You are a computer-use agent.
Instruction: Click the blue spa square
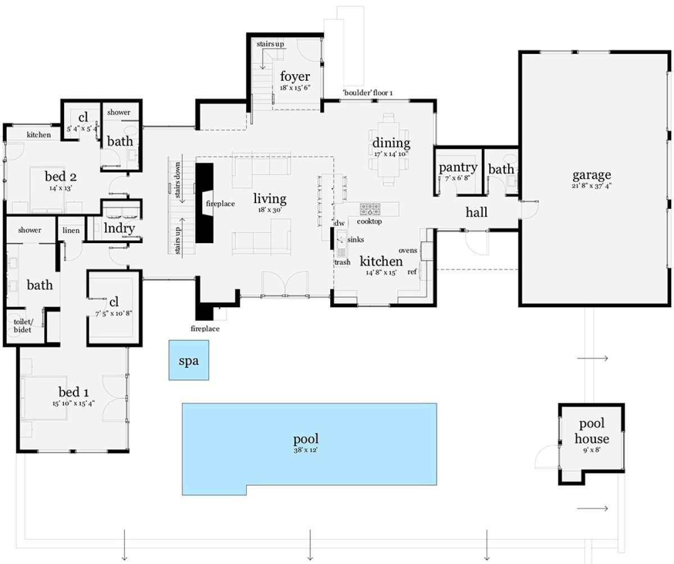[189, 360]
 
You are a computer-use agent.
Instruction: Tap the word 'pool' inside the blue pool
[306, 439]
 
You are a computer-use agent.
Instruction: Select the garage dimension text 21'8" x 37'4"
[591, 185]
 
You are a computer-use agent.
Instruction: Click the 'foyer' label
[295, 76]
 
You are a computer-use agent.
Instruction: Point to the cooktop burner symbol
[370, 209]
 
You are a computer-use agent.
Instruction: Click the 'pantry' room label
[458, 167]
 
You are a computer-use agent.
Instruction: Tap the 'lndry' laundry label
[119, 228]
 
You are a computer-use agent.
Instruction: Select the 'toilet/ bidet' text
[22, 326]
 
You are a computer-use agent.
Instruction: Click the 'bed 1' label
[73, 392]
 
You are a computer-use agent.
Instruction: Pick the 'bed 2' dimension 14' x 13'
[61, 188]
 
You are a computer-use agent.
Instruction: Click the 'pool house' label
[591, 431]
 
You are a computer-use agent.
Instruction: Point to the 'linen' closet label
[71, 230]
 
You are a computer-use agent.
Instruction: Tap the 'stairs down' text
[177, 180]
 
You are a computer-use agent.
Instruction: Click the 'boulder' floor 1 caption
[367, 93]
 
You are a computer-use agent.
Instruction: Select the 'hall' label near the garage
[476, 212]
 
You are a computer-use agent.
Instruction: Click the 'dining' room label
[391, 143]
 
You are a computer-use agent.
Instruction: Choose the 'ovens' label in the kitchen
[408, 251]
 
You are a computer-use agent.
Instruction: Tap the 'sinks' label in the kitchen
[356, 239]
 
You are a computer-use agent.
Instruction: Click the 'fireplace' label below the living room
[205, 329]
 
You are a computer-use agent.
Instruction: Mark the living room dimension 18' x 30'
[270, 210]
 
